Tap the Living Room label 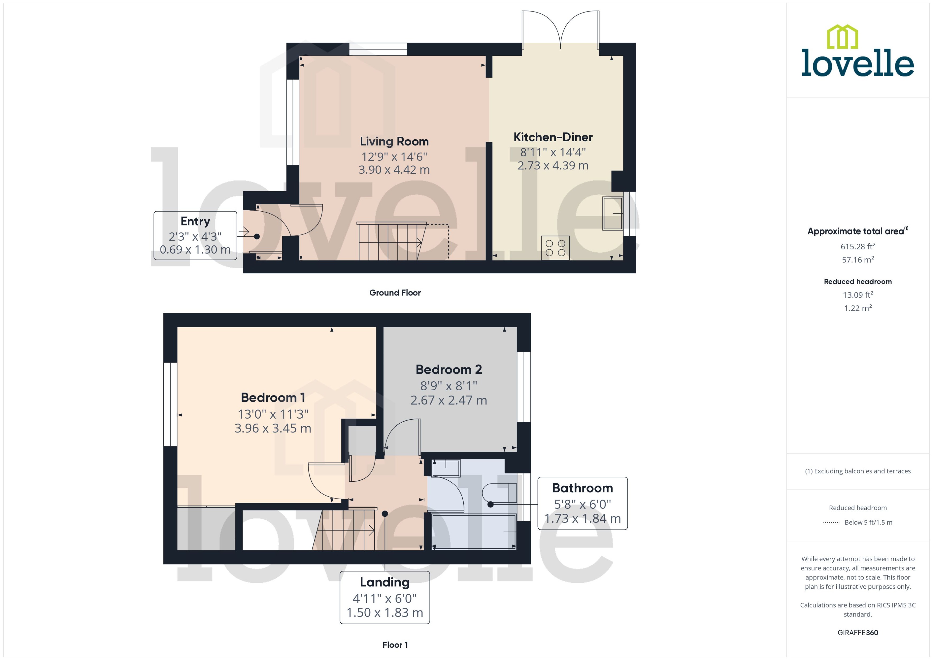click(x=394, y=141)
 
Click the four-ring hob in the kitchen click(x=555, y=248)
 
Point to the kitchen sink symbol click(x=612, y=214)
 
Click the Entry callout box click(x=195, y=235)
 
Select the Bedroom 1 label click(x=273, y=398)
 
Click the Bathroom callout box click(x=582, y=503)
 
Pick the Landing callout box click(x=385, y=597)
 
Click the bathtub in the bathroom click(x=474, y=532)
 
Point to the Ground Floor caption click(x=395, y=293)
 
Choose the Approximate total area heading click(x=855, y=231)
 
